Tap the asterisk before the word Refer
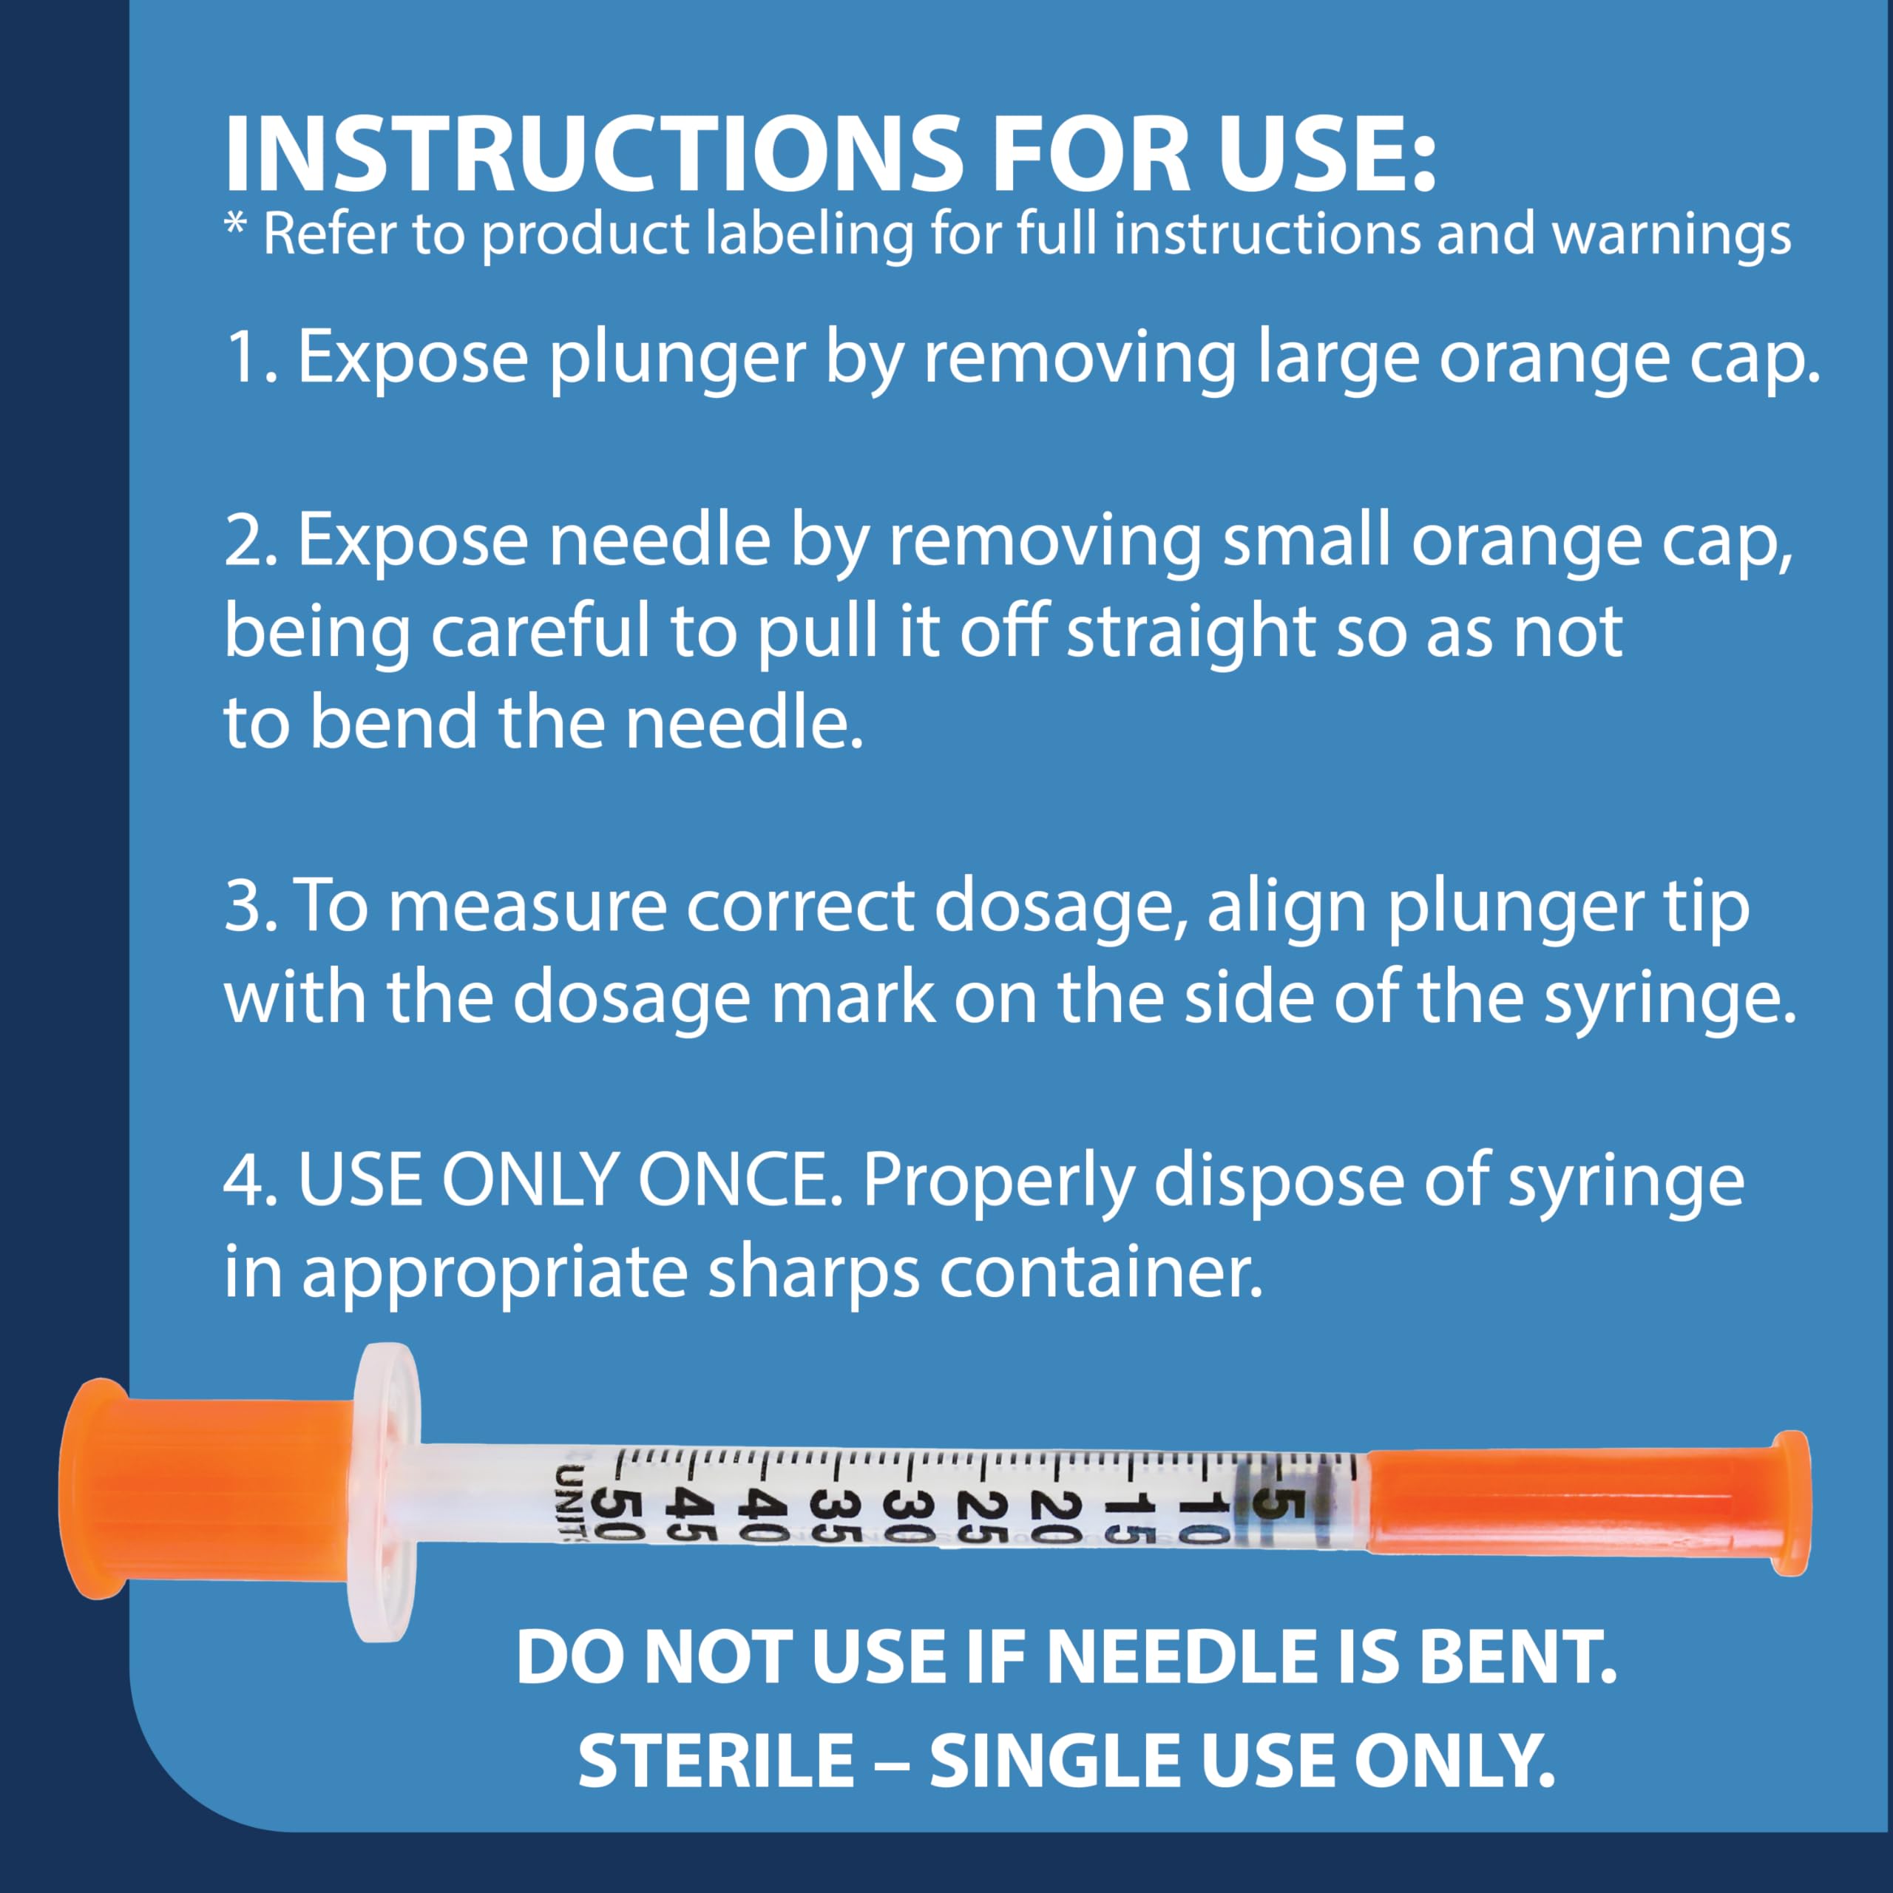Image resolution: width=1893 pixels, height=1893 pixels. pyautogui.click(x=235, y=227)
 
